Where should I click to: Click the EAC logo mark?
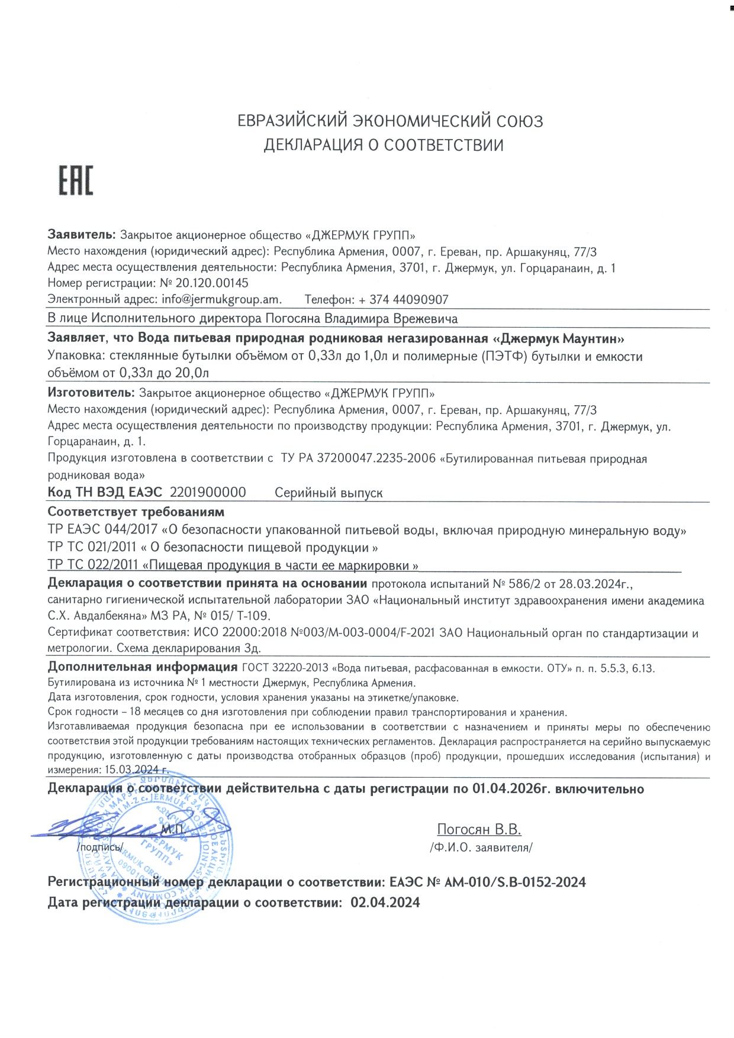(x=76, y=180)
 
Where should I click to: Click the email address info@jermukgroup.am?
(x=221, y=299)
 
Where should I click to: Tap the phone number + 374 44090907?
(x=403, y=300)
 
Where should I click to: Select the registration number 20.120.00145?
(x=212, y=283)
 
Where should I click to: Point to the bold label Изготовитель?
(x=92, y=393)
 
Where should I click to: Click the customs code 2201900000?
(x=208, y=493)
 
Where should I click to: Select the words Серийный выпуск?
(x=329, y=493)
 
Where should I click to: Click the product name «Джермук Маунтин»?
(x=559, y=339)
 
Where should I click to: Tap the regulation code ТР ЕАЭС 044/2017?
(x=102, y=531)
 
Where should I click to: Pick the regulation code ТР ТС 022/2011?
(x=92, y=565)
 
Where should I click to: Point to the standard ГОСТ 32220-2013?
(x=285, y=668)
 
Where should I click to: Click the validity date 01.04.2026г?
(x=511, y=789)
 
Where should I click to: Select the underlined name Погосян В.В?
(x=479, y=829)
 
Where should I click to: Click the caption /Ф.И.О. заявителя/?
(x=481, y=848)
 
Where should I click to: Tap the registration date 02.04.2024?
(x=385, y=903)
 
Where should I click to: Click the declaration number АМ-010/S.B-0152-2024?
(x=515, y=882)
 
